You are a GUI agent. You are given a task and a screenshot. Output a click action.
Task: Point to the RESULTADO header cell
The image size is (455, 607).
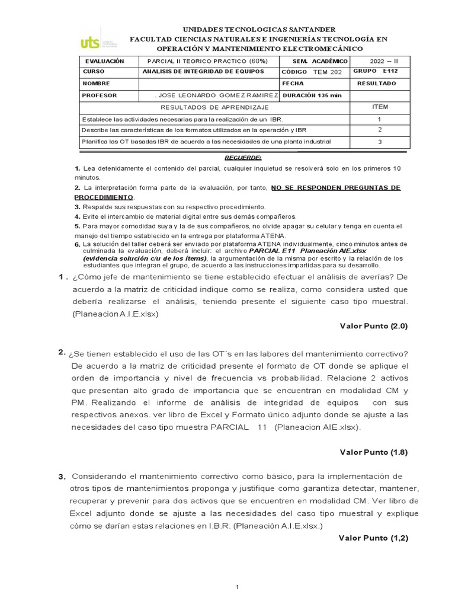[x=376, y=84]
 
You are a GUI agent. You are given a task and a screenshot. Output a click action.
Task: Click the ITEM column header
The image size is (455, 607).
[x=379, y=107]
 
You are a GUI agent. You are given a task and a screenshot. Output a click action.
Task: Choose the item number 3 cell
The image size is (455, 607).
[x=379, y=142]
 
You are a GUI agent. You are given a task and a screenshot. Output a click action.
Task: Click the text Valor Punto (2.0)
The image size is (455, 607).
[x=374, y=325]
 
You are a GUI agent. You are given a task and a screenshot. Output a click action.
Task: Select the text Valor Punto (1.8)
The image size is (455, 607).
[x=374, y=452]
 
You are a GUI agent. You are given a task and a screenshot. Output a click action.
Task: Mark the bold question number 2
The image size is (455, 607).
[x=62, y=352]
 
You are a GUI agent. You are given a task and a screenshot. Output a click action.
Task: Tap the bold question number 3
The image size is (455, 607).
[x=62, y=477]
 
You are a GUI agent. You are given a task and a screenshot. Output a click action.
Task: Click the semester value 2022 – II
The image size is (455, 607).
[x=384, y=61]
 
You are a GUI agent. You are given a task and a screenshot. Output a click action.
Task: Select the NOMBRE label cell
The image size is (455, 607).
[x=97, y=84]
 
